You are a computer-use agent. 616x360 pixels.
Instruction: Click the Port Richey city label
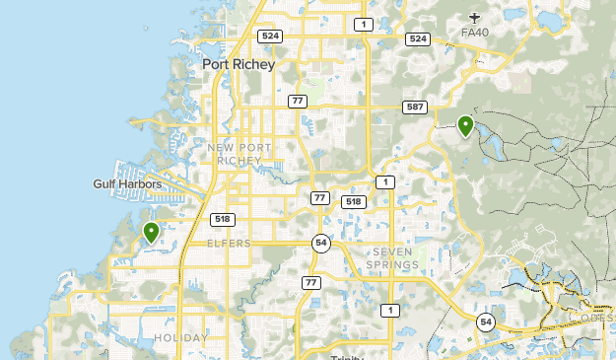pyautogui.click(x=238, y=65)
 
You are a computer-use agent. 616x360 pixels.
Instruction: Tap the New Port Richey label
pyautogui.click(x=234, y=154)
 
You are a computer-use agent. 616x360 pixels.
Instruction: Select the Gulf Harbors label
pyautogui.click(x=127, y=183)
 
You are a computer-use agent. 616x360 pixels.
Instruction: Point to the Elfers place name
pyautogui.click(x=229, y=243)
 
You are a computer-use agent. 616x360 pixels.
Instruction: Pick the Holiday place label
pyautogui.click(x=181, y=337)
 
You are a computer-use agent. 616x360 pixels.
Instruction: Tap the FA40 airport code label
pyautogui.click(x=475, y=33)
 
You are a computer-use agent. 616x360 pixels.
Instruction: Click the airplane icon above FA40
pyautogui.click(x=475, y=16)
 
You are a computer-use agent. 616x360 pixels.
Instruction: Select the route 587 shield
pyautogui.click(x=414, y=107)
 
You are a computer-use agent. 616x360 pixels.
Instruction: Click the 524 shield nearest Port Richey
pyautogui.click(x=269, y=36)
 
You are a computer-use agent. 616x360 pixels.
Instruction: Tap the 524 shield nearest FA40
pyautogui.click(x=418, y=38)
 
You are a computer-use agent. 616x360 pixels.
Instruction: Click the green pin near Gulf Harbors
pyautogui.click(x=151, y=233)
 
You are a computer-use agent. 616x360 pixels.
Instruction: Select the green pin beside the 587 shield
pyautogui.click(x=465, y=125)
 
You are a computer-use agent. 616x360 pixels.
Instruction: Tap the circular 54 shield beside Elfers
pyautogui.click(x=320, y=243)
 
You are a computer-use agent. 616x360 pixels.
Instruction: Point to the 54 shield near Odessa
pyautogui.click(x=486, y=322)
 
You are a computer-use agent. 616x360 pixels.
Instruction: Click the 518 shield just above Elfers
pyautogui.click(x=222, y=219)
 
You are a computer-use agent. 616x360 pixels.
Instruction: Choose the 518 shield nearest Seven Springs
pyautogui.click(x=353, y=201)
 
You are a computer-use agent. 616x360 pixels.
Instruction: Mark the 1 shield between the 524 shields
pyautogui.click(x=365, y=24)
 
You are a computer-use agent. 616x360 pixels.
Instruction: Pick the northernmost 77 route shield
pyautogui.click(x=298, y=101)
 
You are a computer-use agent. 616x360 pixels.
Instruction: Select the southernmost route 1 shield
pyautogui.click(x=392, y=311)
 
